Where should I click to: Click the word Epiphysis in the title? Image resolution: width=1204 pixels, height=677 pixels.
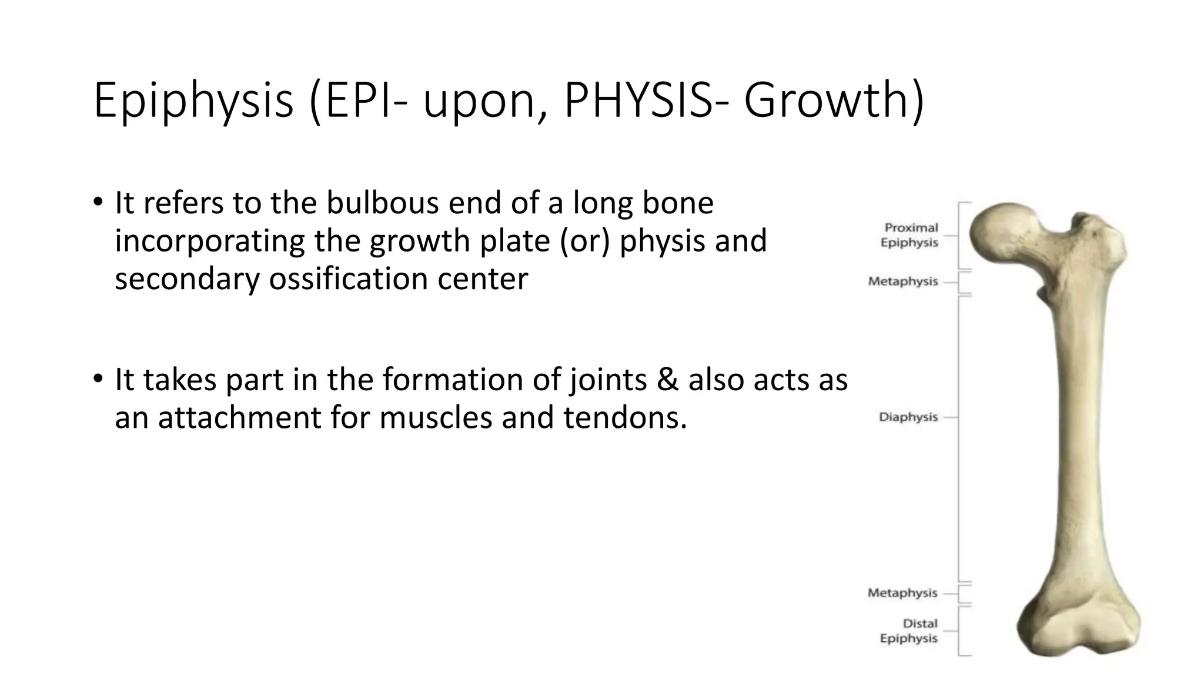point(193,101)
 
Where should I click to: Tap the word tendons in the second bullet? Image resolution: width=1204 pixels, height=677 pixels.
point(624,418)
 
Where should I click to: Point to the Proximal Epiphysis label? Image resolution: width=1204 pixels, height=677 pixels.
point(910,235)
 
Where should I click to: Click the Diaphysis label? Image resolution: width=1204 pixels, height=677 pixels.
point(908,417)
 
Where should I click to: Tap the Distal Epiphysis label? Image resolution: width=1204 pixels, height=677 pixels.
point(909,631)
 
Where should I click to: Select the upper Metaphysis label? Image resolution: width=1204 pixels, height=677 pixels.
point(903,281)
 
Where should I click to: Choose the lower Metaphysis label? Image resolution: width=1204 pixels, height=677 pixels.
point(902,593)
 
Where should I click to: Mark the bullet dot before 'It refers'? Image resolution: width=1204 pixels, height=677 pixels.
point(98,203)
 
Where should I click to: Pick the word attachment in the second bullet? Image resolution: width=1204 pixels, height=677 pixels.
point(239,418)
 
